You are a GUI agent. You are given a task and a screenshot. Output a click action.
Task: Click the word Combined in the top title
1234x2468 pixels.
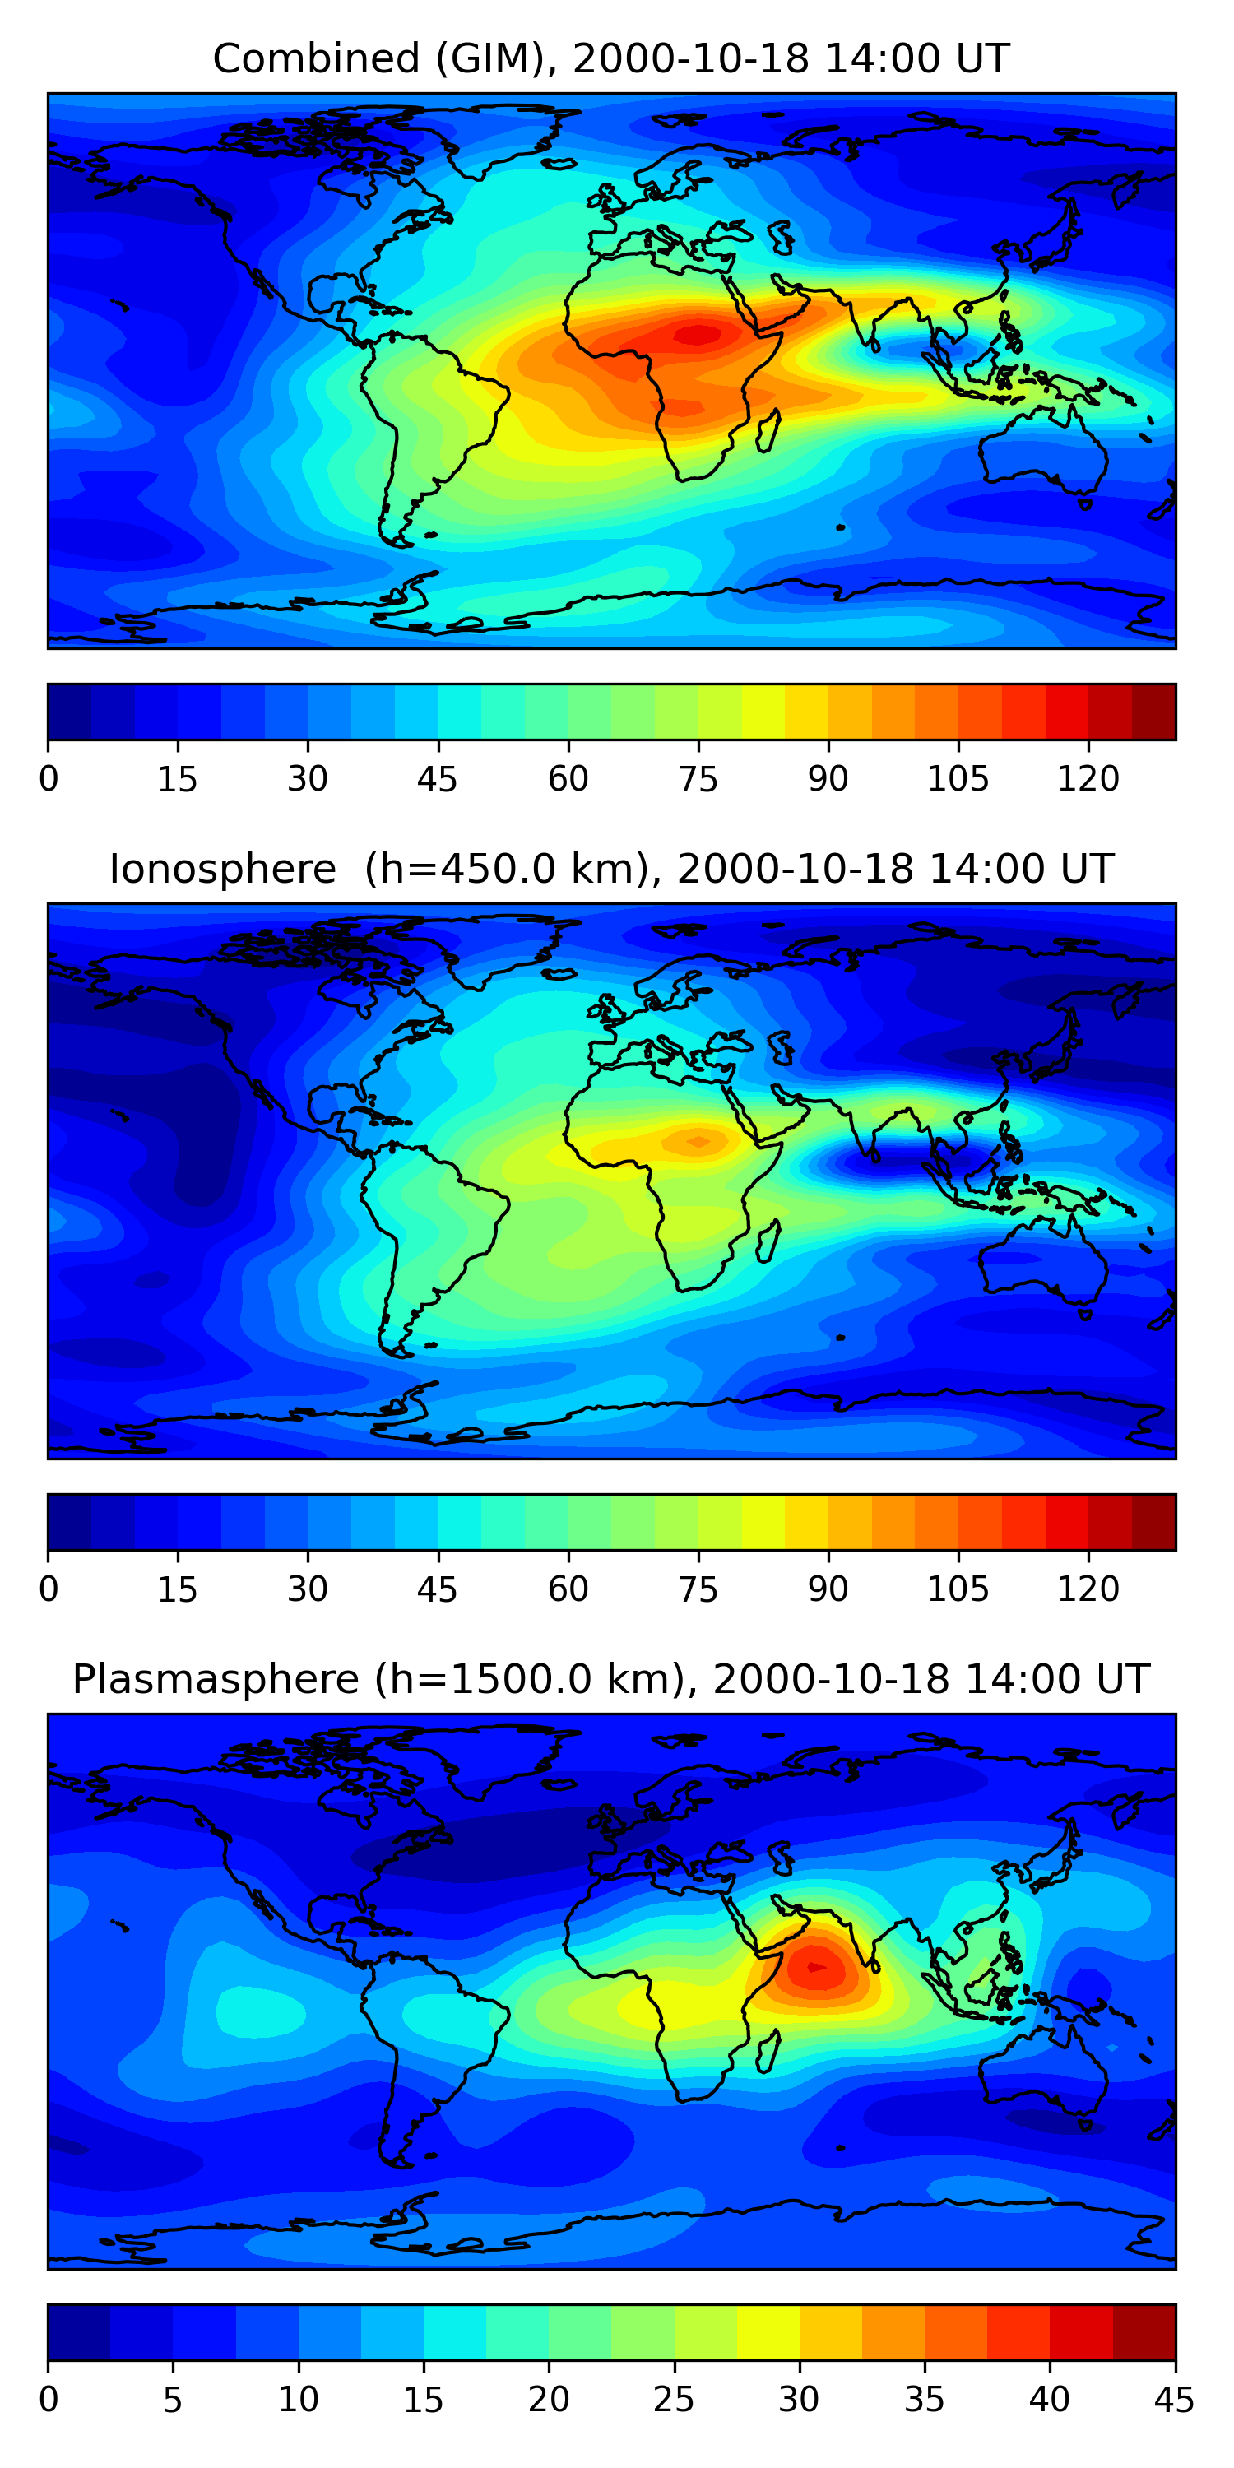point(316,59)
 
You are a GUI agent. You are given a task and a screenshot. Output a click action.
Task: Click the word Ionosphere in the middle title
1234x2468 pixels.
point(222,870)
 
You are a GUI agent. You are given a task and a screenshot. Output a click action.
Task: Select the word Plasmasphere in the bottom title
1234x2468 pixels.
point(216,1680)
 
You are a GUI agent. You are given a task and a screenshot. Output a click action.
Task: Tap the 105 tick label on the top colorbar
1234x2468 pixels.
point(958,780)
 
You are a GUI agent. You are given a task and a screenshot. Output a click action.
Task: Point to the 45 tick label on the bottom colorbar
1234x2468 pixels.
point(1174,2400)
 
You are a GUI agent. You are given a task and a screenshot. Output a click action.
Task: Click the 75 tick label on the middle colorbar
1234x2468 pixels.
point(698,1589)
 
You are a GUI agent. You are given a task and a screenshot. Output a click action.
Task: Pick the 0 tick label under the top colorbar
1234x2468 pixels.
point(49,780)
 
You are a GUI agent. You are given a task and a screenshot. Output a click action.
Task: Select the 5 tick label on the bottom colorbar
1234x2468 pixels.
point(173,2400)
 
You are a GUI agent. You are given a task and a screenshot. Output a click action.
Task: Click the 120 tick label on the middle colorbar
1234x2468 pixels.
point(1088,1589)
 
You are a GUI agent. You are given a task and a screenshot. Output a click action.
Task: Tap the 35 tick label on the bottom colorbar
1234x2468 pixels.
point(924,2400)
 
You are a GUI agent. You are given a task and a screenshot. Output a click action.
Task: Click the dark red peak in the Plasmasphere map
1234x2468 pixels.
point(815,1967)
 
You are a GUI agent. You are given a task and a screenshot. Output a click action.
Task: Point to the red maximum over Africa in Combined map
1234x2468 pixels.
point(698,334)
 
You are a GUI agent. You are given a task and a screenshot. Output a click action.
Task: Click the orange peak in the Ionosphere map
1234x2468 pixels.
point(698,1141)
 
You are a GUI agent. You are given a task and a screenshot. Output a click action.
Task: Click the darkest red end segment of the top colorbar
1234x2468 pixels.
point(1153,712)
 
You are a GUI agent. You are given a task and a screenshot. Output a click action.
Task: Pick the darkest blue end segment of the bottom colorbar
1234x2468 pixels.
point(78,2332)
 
